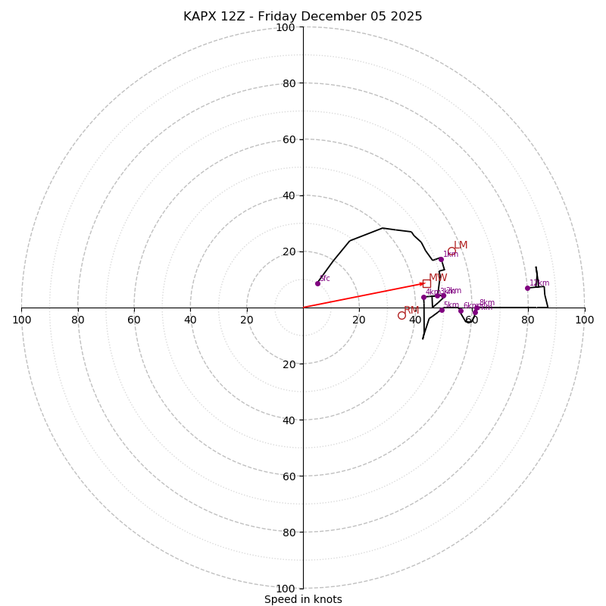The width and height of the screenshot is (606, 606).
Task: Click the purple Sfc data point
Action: point(317,283)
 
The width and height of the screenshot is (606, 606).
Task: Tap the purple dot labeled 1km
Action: point(441,259)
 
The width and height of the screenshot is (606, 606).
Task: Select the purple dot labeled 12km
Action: point(527,288)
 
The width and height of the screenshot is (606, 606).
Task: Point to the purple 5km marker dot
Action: point(442,310)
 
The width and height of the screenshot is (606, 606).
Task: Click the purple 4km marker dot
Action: point(423,297)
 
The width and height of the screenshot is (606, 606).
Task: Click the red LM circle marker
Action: point(451,251)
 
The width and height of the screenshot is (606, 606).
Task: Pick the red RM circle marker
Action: point(401,316)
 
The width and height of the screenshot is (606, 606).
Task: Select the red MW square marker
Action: point(426,284)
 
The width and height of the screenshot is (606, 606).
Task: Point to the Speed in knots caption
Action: point(303,600)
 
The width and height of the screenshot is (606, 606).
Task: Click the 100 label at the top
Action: point(285,27)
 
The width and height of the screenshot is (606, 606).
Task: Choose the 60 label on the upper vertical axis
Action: point(288,139)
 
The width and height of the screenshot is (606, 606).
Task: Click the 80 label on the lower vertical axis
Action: point(288,533)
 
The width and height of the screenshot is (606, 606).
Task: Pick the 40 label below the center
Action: point(288,420)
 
